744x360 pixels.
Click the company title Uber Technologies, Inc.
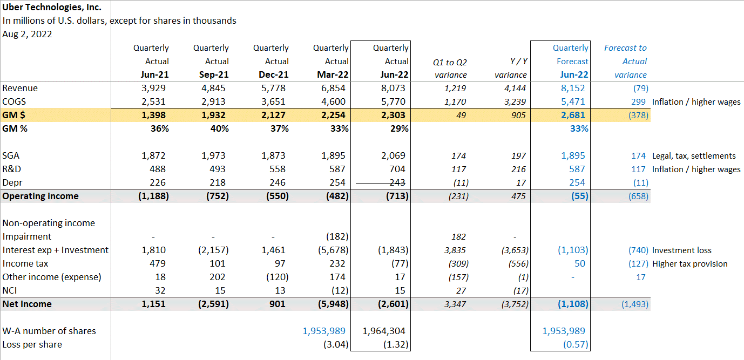52,7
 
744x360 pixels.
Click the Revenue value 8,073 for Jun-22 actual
394,88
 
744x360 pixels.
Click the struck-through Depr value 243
397,182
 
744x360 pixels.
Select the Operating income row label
40,196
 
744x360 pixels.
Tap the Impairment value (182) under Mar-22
337,236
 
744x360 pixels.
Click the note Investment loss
681,250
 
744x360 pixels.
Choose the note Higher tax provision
689,263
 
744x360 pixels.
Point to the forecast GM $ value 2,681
572,115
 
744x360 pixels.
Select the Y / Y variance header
511,68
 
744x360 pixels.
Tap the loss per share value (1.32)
396,344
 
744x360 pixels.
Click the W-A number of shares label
49,331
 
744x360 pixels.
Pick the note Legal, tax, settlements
694,155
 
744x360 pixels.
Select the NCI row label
10,290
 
